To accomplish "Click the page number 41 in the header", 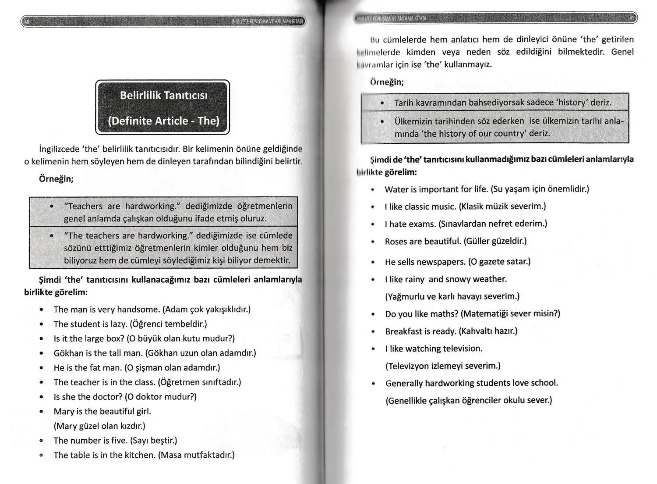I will click(x=632, y=18).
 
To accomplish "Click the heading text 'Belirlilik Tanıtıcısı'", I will click(x=164, y=96).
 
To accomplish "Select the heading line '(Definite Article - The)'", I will click(x=164, y=121).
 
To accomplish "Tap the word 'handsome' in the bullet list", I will click(x=141, y=310).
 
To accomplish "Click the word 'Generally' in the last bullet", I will click(x=404, y=384).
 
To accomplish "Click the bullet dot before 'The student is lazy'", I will click(x=41, y=324).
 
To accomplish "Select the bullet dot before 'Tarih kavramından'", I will click(x=382, y=103).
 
